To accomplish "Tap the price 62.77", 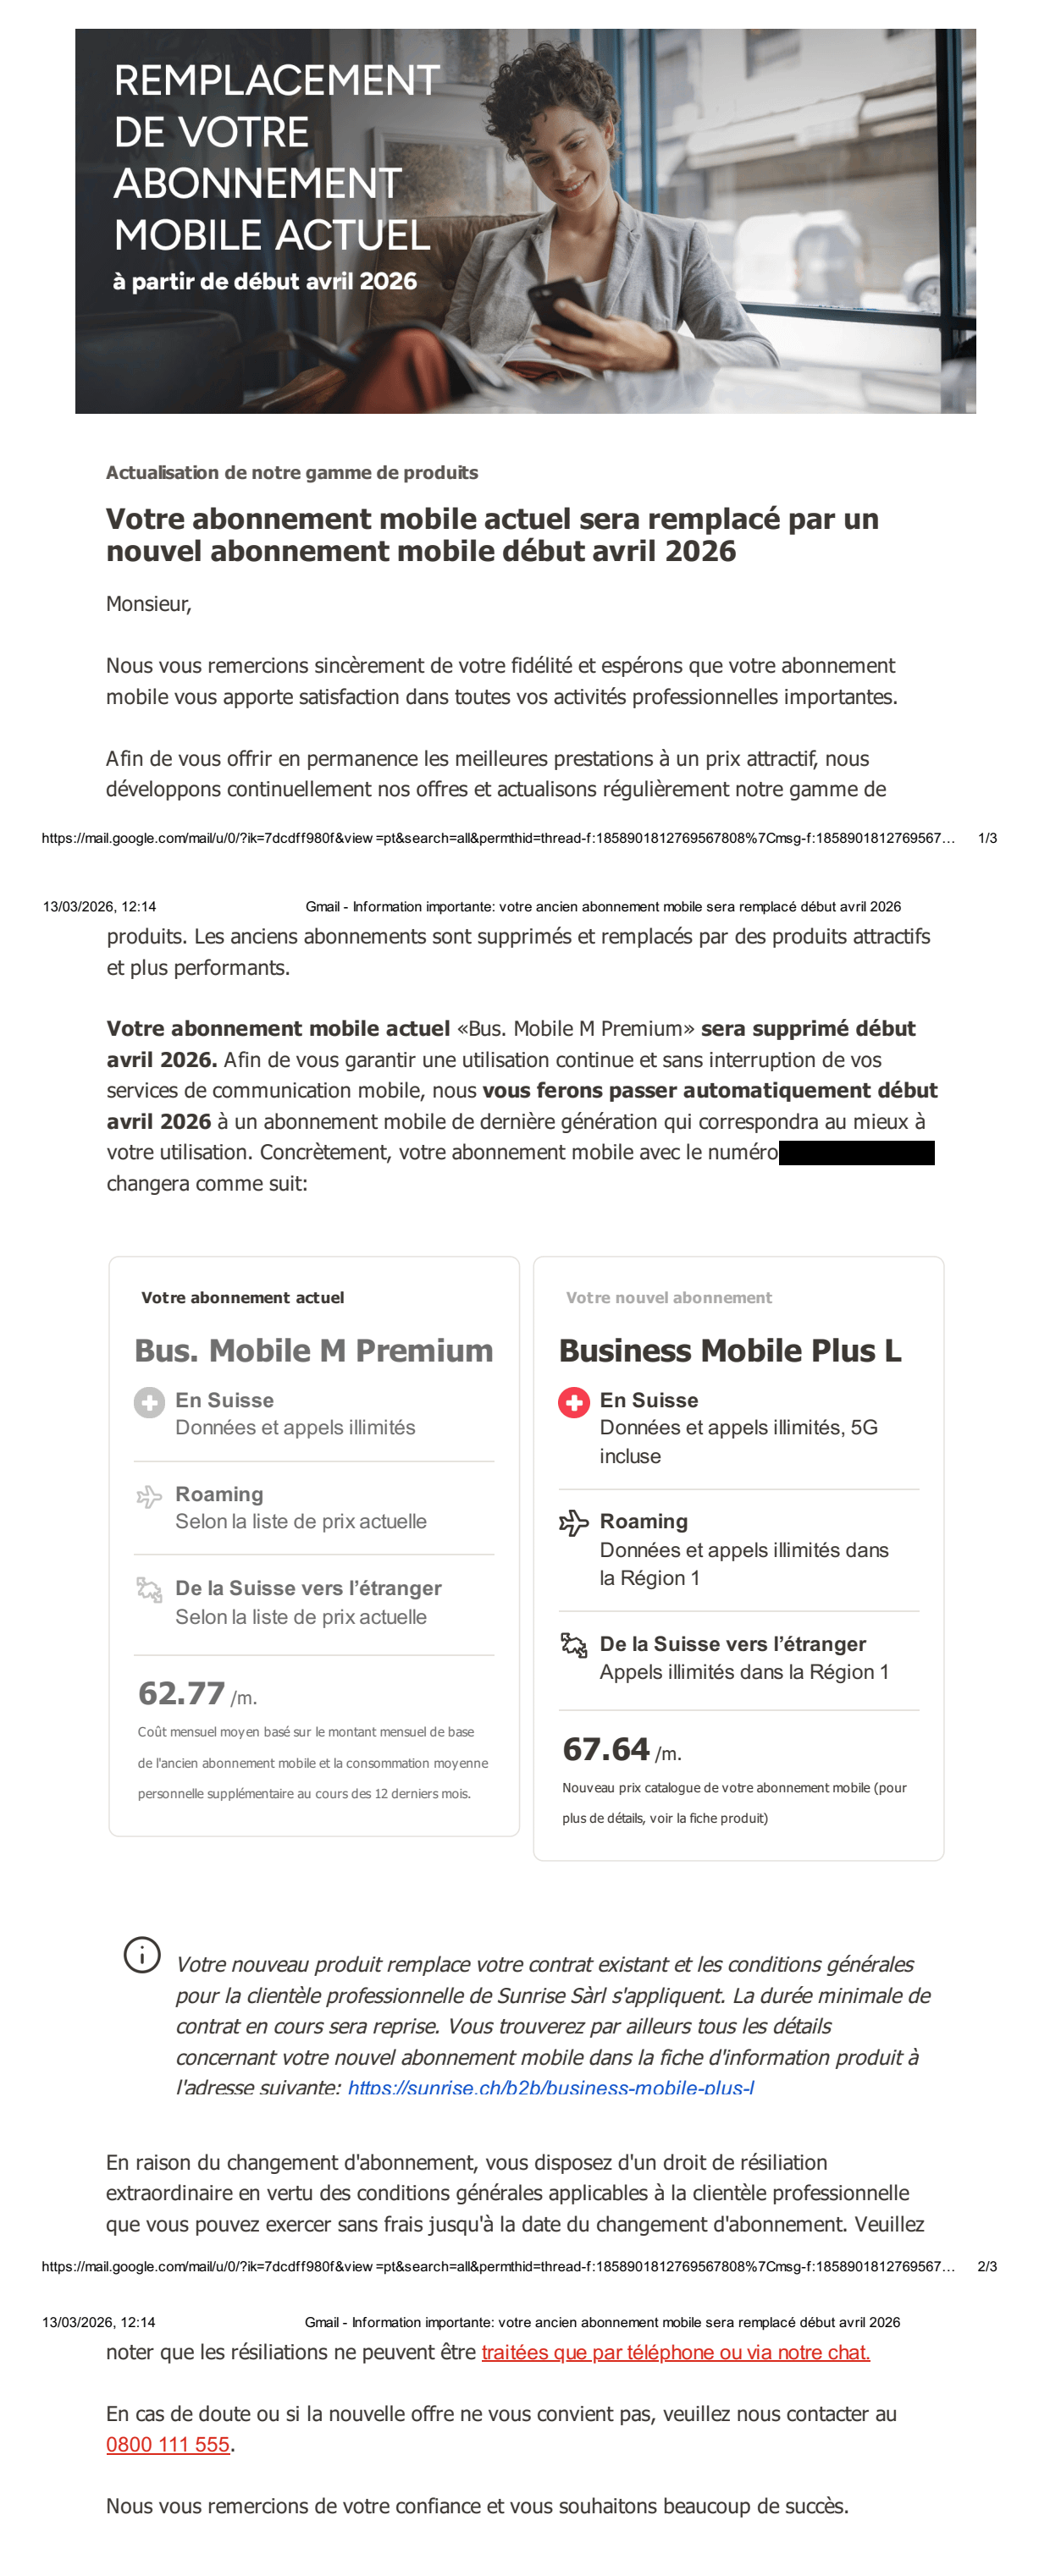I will (x=182, y=1693).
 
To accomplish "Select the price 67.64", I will (x=605, y=1749).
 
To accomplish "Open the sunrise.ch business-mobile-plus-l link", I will (x=551, y=2086).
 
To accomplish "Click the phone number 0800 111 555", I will (x=168, y=2444).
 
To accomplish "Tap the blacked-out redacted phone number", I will (x=856, y=1153).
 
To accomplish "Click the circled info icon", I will (x=141, y=1955).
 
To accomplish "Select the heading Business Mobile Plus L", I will (x=730, y=1350).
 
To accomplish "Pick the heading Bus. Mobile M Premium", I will (x=313, y=1350).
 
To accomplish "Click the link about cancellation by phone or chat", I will (x=676, y=2352).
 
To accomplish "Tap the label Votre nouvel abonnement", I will (x=669, y=1297).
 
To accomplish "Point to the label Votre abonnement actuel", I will (x=242, y=1297).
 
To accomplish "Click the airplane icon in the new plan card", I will (x=574, y=1522).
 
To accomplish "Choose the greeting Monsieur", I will (x=147, y=603).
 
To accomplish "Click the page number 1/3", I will (x=987, y=838).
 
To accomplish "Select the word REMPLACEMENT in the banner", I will (x=276, y=80).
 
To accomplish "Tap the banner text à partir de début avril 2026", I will (x=264, y=281).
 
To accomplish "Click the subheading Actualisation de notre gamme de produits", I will (x=291, y=473).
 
